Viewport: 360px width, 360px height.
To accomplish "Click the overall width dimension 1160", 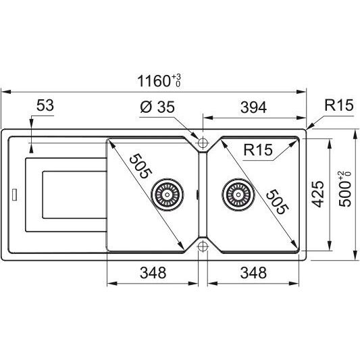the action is (x=154, y=81).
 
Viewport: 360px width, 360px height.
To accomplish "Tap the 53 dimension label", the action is (x=45, y=105).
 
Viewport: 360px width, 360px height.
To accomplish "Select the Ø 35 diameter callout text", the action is (x=157, y=107).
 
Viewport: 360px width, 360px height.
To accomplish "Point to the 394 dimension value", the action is (x=253, y=107).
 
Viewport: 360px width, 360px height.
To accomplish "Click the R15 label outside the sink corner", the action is (x=338, y=105).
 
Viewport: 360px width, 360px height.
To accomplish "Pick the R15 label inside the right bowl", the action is (x=258, y=149).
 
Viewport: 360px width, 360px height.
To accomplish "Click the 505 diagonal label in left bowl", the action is (x=140, y=166).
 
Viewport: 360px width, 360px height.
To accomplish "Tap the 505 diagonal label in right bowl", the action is (x=277, y=201).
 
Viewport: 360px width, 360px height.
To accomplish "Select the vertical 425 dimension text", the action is (x=317, y=195).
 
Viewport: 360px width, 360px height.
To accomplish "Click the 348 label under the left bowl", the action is (x=153, y=273).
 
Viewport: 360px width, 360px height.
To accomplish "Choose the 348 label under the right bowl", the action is (x=253, y=273).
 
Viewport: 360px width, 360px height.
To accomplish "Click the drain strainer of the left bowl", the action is (x=167, y=195).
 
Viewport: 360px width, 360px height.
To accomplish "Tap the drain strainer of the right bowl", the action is (x=238, y=195).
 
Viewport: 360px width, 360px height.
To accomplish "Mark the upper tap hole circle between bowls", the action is (x=203, y=143).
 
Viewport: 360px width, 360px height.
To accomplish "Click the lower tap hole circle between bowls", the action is (x=203, y=247).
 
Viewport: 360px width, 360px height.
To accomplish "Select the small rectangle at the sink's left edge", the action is (x=14, y=195).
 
